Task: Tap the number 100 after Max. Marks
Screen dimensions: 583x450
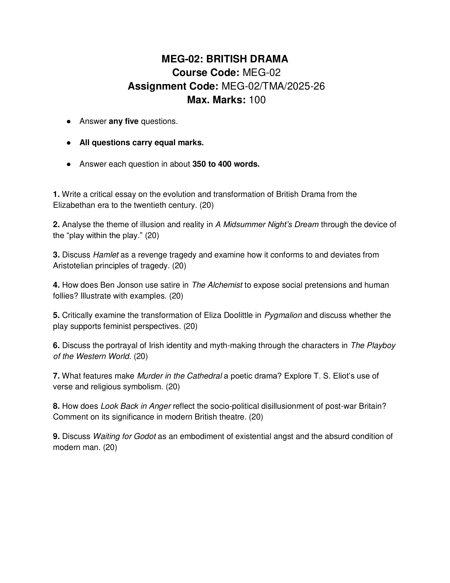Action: [257, 100]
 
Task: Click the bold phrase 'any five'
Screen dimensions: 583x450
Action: [123, 121]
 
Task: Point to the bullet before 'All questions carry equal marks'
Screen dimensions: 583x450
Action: [69, 143]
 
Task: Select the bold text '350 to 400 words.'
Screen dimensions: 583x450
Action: [226, 164]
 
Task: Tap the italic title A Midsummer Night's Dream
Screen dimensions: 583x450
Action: [267, 224]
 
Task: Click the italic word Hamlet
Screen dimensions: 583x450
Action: [106, 255]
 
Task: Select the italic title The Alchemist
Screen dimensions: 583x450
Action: [217, 285]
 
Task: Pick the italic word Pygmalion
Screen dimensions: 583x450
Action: [283, 315]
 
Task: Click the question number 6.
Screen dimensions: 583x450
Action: [56, 345]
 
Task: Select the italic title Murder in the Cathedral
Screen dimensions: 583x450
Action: [179, 376]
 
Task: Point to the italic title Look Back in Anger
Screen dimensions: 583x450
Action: [136, 406]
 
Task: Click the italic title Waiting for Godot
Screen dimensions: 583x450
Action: [124, 436]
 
